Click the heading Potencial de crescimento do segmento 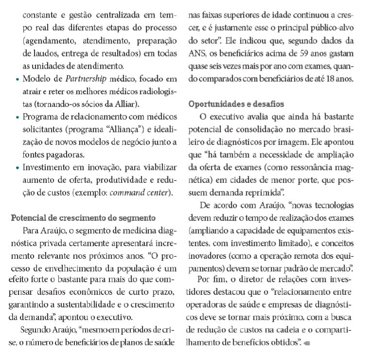[83, 217]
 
